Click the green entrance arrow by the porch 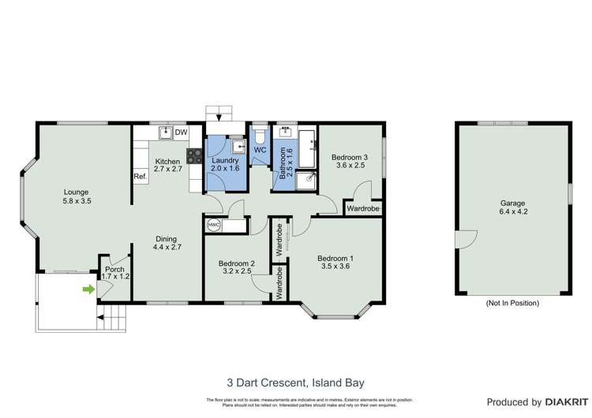tap(88, 289)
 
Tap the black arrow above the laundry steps tap(219, 118)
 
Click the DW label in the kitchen tap(181, 132)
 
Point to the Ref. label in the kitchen tap(140, 176)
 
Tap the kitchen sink tap(166, 132)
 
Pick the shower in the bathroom tap(306, 180)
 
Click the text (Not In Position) tap(513, 303)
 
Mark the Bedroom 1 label tap(335, 258)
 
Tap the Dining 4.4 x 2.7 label tap(166, 243)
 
